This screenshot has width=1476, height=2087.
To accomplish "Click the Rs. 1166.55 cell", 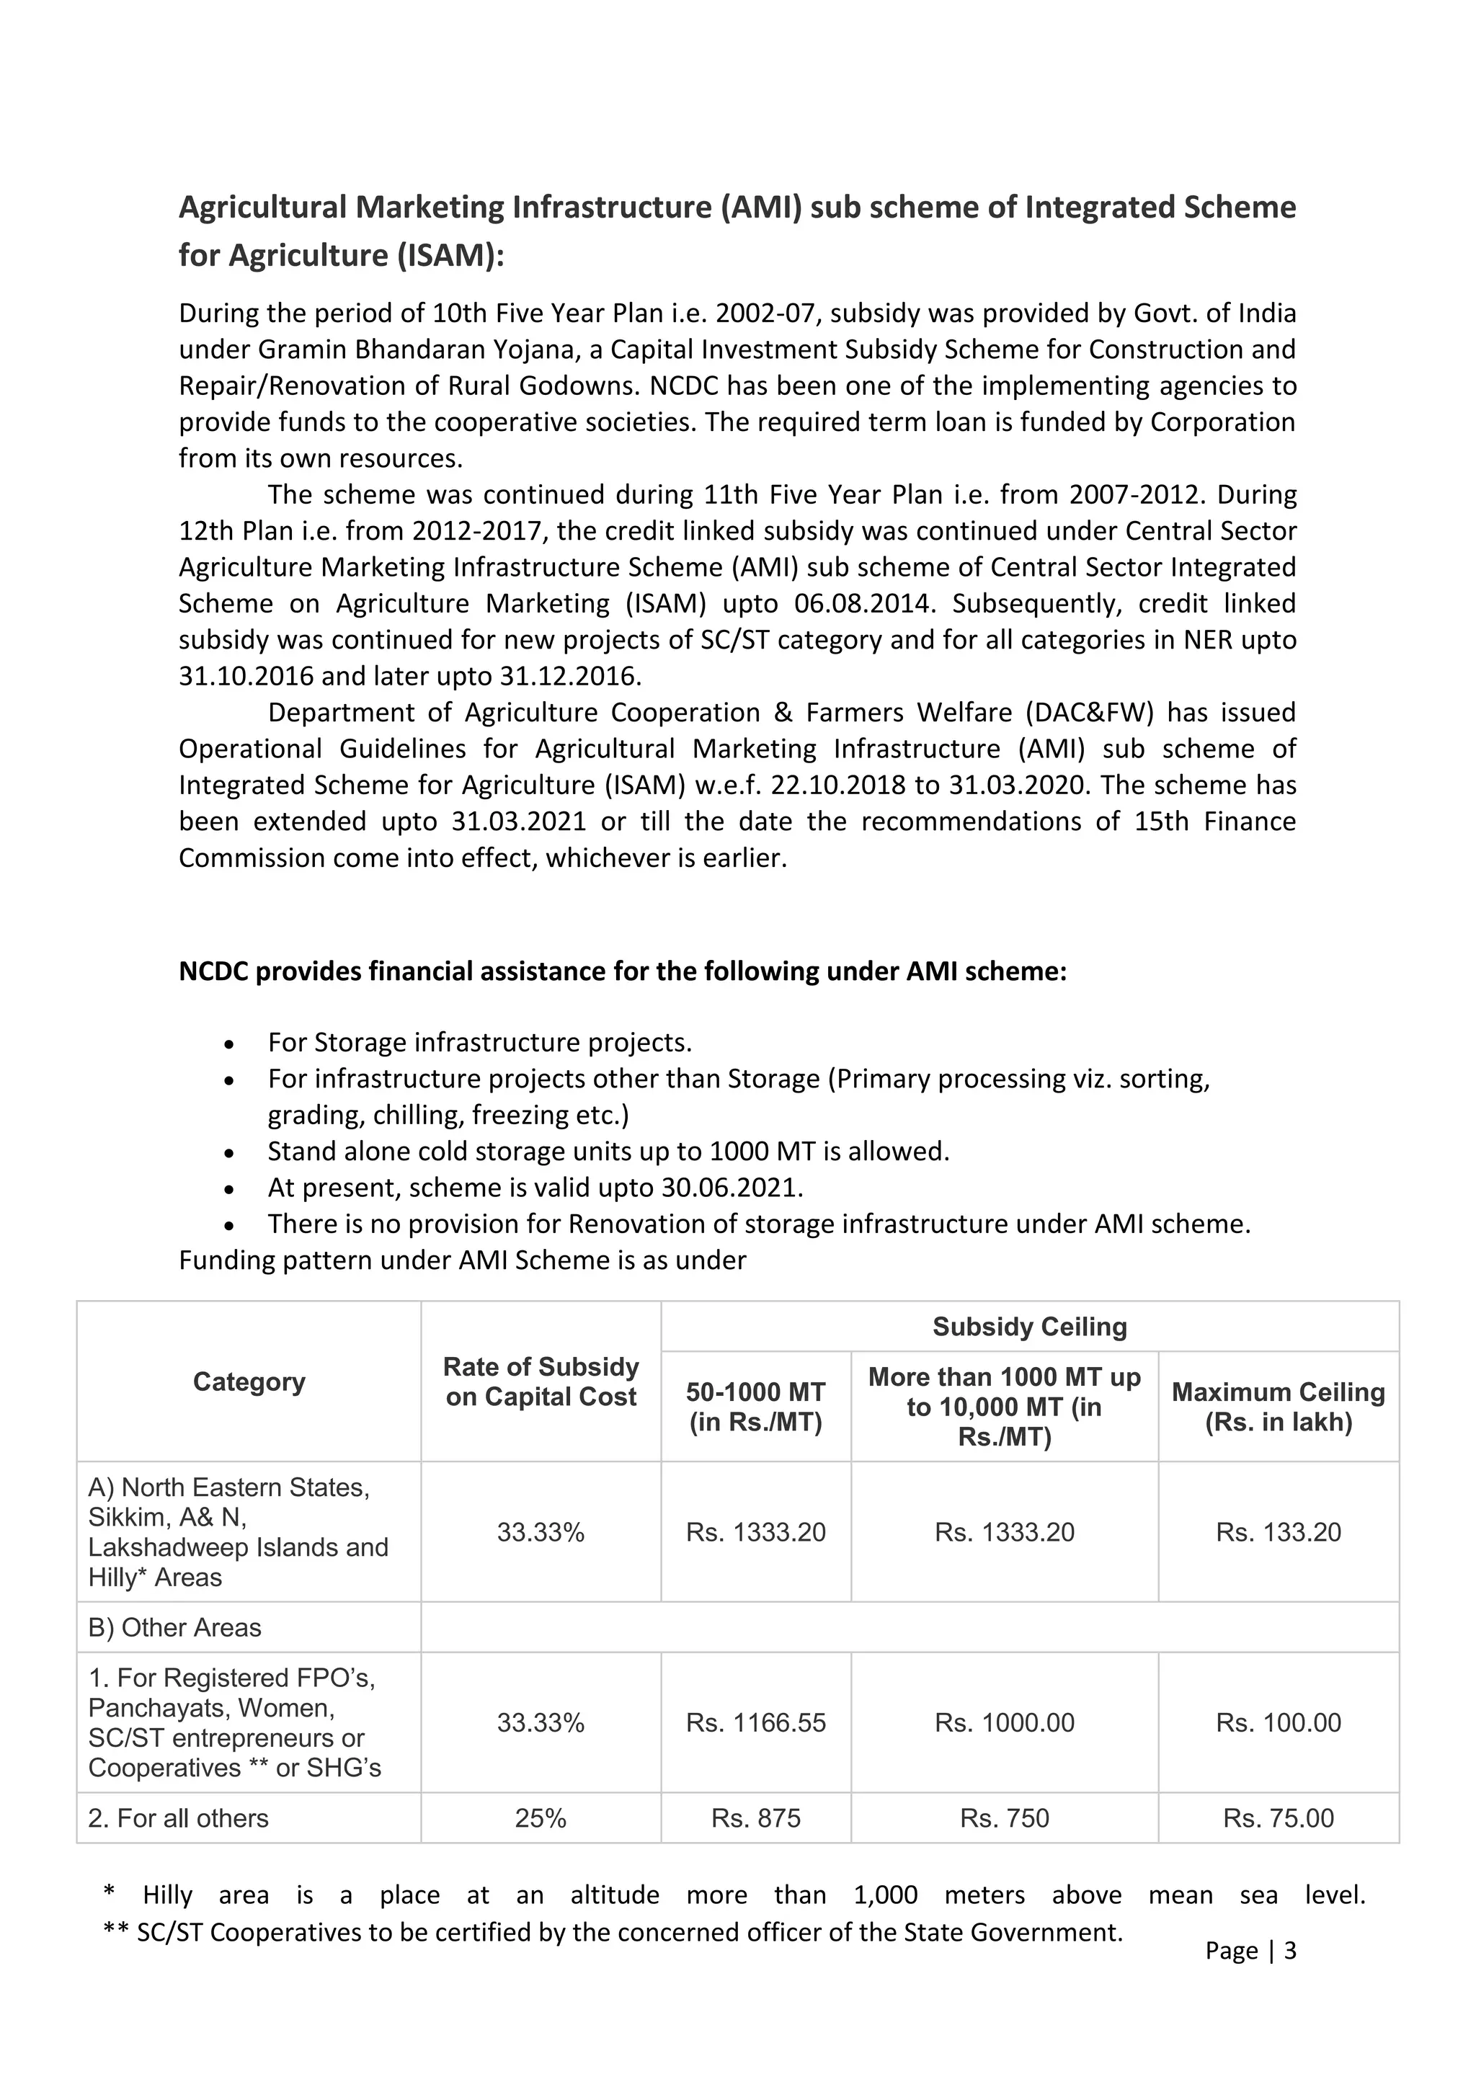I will coord(755,1722).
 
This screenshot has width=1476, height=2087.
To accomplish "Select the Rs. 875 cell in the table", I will coord(755,1818).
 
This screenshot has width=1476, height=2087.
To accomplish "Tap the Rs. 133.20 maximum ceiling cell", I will coord(1278,1531).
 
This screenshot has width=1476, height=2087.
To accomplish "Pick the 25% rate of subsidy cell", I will coord(541,1818).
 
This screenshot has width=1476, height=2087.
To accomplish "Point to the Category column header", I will coord(249,1381).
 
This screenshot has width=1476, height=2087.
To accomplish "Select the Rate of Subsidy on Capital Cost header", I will coord(541,1381).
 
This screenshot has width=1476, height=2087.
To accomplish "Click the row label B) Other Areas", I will coord(174,1627).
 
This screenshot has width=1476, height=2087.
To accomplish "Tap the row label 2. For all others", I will coord(178,1818).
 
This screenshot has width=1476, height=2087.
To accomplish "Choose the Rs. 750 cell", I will coord(1004,1818).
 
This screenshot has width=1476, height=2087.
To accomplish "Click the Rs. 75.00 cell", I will coord(1278,1818).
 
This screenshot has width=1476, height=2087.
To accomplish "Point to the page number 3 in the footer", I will coord(1289,1950).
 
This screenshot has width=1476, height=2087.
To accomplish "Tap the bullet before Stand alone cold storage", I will coord(230,1152).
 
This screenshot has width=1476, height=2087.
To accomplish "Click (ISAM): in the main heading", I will coord(449,255).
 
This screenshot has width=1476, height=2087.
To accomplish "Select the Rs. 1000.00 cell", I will coord(1004,1722).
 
